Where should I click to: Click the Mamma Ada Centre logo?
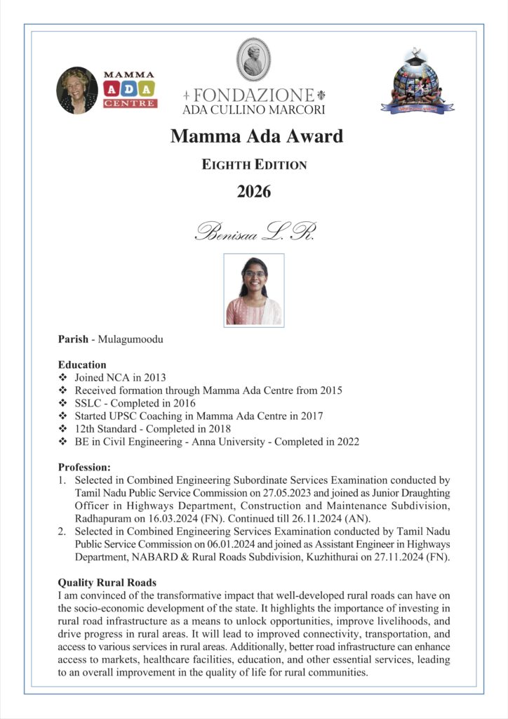130,90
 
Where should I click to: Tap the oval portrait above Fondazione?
253,60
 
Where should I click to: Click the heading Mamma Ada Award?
256,136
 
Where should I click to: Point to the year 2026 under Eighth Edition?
253,191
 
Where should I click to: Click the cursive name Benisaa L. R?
255,232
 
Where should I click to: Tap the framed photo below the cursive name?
253,290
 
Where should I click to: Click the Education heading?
82,364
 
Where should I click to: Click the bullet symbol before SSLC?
63,403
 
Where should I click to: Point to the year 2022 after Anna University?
346,442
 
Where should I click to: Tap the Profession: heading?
85,467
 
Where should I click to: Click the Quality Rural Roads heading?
107,583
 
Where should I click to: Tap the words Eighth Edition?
254,165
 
